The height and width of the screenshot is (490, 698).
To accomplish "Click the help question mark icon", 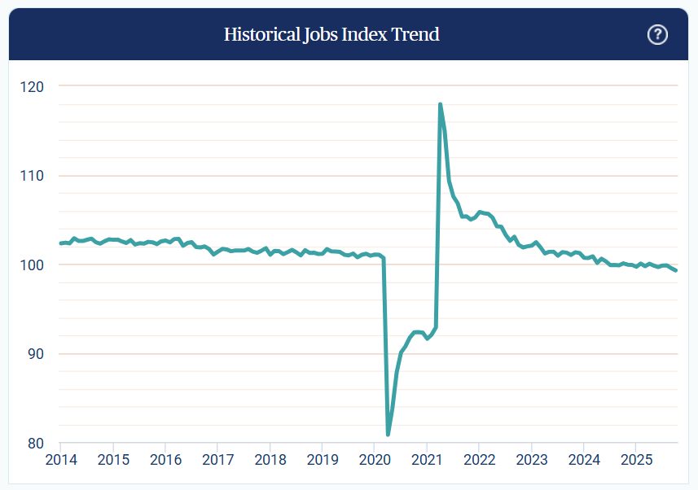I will pos(657,34).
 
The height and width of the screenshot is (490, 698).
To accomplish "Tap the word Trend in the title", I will pos(416,34).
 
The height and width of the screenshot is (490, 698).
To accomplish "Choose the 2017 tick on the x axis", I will pos(217,461).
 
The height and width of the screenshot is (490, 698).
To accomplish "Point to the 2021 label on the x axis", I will pos(427,461).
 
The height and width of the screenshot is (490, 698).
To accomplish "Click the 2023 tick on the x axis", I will pos(531,461).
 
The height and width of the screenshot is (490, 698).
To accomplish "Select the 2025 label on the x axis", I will pos(636,461).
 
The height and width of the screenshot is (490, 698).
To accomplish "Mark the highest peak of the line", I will pos(440,104).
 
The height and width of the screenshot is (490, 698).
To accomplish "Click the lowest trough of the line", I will pos(388,434).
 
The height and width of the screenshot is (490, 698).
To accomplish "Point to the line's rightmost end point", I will pos(676,270).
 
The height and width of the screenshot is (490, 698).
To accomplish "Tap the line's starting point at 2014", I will pos(61,243).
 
